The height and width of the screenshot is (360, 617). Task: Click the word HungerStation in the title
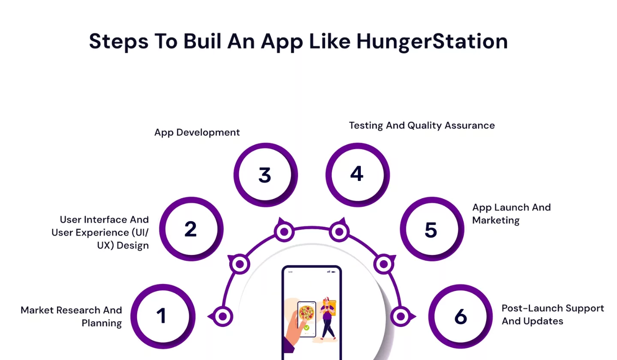(x=432, y=42)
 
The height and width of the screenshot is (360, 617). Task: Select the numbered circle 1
(x=162, y=316)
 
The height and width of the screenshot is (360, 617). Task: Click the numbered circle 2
(x=191, y=229)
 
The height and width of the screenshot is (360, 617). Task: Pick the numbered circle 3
(x=265, y=175)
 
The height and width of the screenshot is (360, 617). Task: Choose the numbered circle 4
(x=357, y=174)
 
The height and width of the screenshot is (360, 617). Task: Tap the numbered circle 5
(x=431, y=229)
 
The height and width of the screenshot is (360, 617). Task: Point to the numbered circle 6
(x=461, y=316)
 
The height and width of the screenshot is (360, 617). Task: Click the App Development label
(x=197, y=132)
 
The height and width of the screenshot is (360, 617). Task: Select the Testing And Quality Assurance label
(x=422, y=126)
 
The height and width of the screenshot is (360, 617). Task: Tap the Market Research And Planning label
(x=72, y=316)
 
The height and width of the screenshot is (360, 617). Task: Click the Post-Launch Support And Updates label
(x=553, y=315)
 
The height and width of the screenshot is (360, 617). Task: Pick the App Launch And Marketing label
(x=511, y=213)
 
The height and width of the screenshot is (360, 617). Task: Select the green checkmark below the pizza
(x=307, y=328)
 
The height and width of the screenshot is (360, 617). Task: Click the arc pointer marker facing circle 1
(x=222, y=317)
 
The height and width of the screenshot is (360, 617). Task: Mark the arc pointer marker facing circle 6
(x=401, y=317)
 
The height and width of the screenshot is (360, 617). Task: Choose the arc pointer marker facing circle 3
(x=284, y=232)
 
